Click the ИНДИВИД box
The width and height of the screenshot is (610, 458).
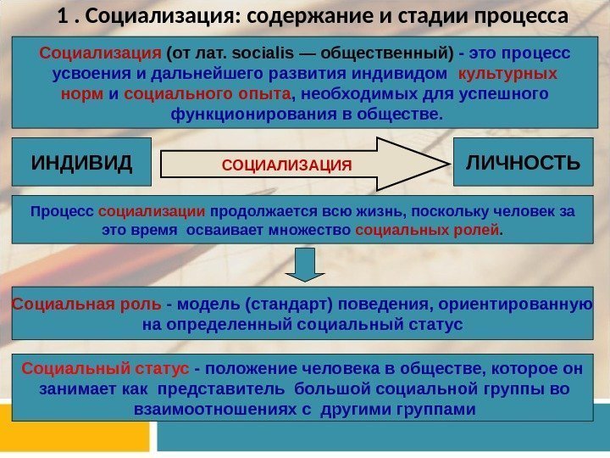point(82,161)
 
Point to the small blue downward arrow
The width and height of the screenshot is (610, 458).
point(302,264)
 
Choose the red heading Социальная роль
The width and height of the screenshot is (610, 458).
point(86,304)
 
